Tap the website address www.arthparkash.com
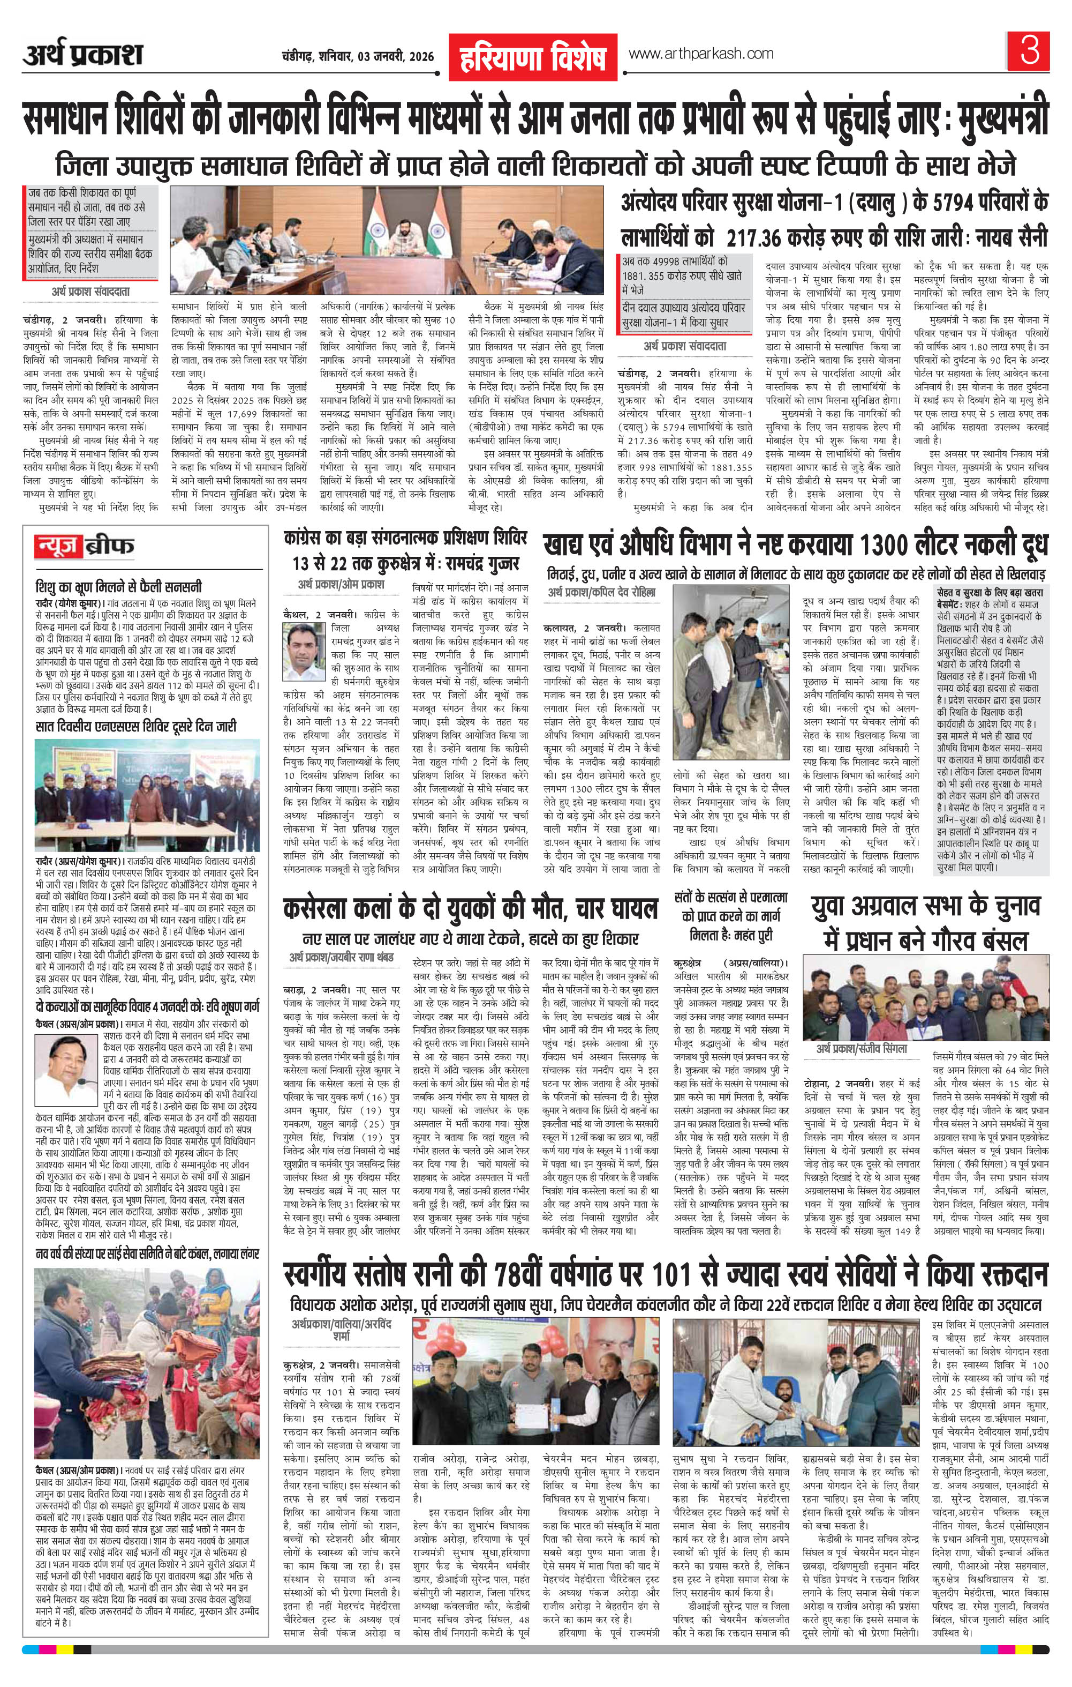click(701, 54)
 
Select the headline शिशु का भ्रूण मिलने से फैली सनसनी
click(119, 586)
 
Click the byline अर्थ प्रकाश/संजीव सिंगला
click(861, 1049)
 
